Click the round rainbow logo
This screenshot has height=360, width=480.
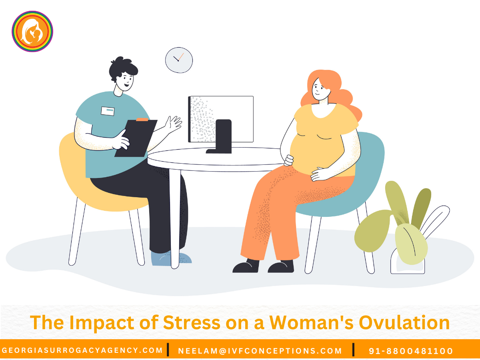coord(32,31)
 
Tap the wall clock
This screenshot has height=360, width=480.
coord(179,60)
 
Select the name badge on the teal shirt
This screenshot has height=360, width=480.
coord(108,111)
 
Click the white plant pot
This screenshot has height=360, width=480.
coord(407,266)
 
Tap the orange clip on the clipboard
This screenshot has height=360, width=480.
coord(142,119)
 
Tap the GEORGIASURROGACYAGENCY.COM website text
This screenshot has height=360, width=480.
coord(82,350)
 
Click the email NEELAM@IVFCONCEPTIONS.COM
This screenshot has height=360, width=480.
coord(260,351)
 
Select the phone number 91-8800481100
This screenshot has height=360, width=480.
coord(411,351)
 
